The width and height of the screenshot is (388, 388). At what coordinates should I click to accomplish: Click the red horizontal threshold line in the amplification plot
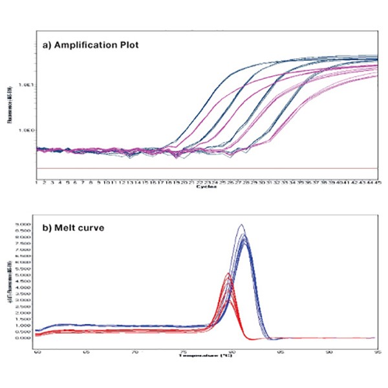coord(194,169)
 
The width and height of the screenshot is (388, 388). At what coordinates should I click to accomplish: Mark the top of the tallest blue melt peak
coord(241,224)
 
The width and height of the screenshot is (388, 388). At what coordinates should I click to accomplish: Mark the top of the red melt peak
coord(228,274)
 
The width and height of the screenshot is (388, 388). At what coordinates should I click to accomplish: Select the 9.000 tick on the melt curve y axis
coord(24,224)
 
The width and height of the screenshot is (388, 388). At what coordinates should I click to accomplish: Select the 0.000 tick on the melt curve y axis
coord(24,338)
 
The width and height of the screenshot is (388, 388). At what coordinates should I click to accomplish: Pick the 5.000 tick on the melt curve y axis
coord(24,275)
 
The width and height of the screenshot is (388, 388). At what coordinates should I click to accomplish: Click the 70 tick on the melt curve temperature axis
coord(135,352)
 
